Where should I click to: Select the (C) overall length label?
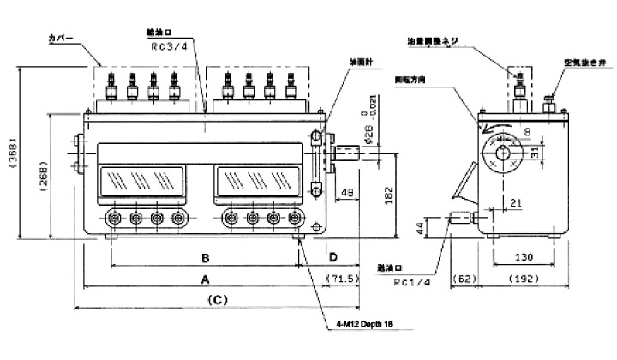[218, 300]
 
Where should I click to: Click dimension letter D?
[332, 257]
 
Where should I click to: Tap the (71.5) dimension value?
[345, 279]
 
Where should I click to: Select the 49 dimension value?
[347, 193]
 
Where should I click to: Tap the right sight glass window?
[257, 182]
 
